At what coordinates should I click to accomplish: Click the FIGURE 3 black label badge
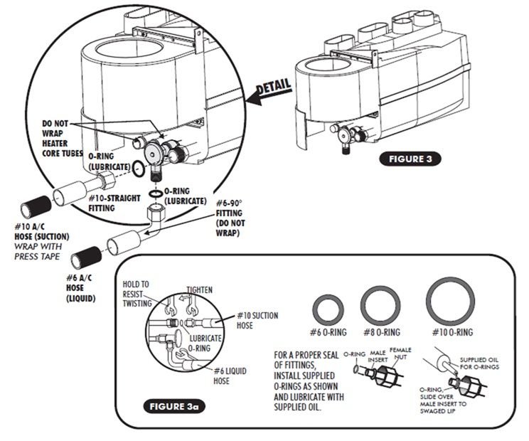click(x=410, y=159)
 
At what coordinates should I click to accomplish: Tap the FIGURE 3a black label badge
click(x=174, y=407)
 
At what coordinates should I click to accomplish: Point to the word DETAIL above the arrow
click(x=274, y=87)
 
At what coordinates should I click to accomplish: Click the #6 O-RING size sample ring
click(x=328, y=310)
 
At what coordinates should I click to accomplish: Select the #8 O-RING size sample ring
click(x=380, y=306)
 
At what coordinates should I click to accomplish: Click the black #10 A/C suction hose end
click(x=36, y=206)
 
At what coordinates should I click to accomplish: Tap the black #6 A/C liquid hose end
click(x=86, y=257)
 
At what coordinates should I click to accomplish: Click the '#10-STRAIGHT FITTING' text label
click(x=114, y=203)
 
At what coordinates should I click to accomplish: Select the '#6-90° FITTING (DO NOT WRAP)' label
click(x=230, y=218)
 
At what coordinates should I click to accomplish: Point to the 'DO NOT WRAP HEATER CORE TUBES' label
click(x=62, y=138)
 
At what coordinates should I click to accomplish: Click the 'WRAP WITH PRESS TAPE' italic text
click(x=38, y=252)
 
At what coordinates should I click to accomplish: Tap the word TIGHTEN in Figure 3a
click(x=200, y=289)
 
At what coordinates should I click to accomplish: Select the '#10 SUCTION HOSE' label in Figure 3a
click(x=257, y=321)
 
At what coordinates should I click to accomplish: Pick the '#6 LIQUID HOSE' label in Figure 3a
click(x=230, y=376)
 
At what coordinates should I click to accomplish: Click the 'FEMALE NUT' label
click(x=401, y=354)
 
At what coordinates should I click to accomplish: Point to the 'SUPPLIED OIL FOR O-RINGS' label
click(x=479, y=363)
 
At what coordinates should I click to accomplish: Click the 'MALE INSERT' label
click(x=378, y=356)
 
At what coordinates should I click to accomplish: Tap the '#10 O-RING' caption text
click(x=453, y=332)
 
